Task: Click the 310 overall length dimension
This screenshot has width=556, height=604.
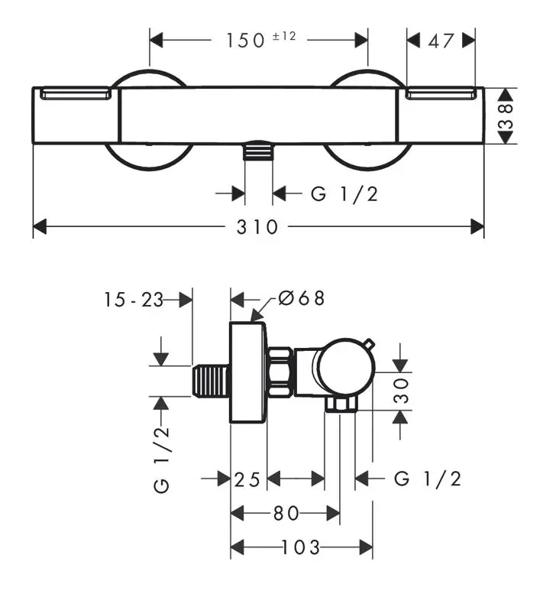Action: coord(257,227)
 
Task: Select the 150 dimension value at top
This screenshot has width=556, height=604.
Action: coord(245,41)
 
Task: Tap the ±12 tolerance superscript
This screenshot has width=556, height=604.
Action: coord(284,36)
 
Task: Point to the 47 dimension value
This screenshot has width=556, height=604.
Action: coord(441,41)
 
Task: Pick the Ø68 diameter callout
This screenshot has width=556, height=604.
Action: coord(302,298)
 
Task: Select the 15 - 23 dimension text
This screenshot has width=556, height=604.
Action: coord(134,300)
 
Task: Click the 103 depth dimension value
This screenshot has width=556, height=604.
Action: coord(300,547)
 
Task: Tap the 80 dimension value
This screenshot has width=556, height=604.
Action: coord(286,513)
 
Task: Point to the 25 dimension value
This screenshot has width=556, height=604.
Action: coord(247,479)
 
